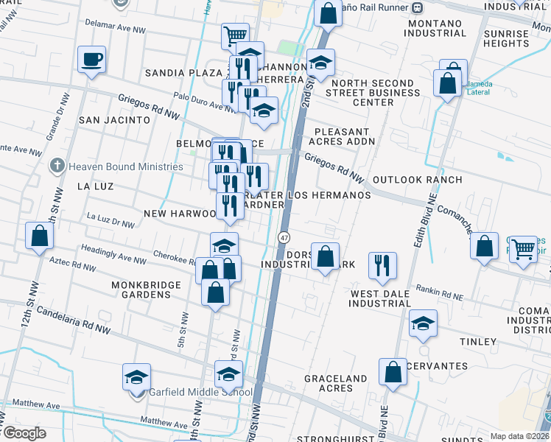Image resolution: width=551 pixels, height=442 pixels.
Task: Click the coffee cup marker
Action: pyautogui.click(x=93, y=60)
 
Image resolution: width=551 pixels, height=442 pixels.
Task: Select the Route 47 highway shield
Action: pyautogui.click(x=284, y=237)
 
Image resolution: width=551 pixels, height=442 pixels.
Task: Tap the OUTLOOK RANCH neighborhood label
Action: pyautogui.click(x=418, y=180)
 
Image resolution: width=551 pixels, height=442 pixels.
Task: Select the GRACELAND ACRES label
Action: pyautogui.click(x=336, y=383)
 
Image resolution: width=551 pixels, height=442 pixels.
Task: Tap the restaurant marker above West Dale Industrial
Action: pyautogui.click(x=382, y=265)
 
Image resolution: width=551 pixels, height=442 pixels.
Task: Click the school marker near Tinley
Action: pyautogui.click(x=423, y=323)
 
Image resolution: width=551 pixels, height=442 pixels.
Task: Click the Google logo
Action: pyautogui.click(x=24, y=433)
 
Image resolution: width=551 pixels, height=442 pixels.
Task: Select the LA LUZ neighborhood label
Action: pyautogui.click(x=96, y=186)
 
